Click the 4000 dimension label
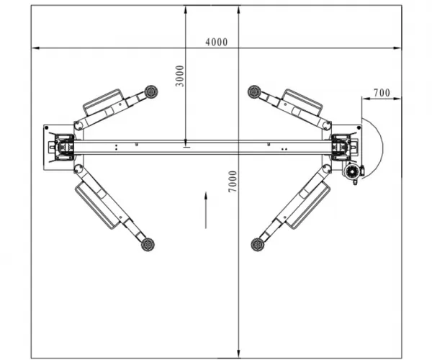click(x=217, y=42)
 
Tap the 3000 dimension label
click(x=179, y=76)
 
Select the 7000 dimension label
click(x=233, y=181)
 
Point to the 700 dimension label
click(x=382, y=93)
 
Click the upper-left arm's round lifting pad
click(x=150, y=91)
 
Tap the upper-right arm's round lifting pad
click(x=254, y=91)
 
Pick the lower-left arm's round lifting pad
click(x=148, y=245)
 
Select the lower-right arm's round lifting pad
click(x=258, y=245)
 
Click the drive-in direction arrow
click(x=206, y=210)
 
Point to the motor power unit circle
click(x=351, y=172)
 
